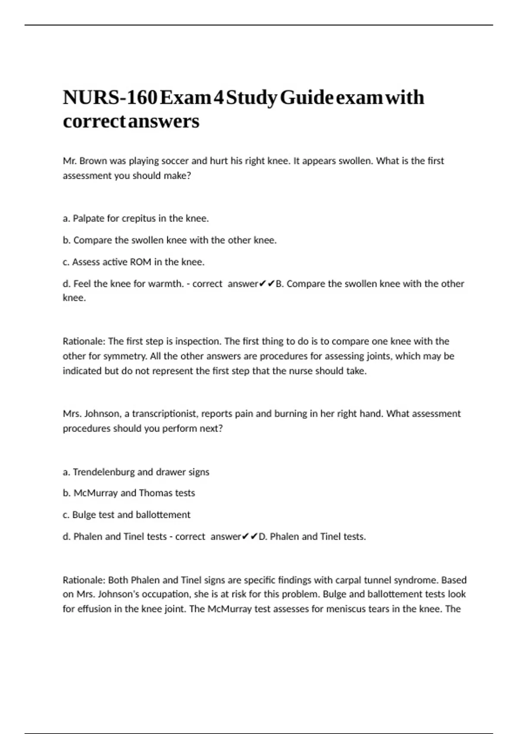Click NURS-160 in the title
coord(109,98)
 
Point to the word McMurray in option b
coord(95,493)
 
